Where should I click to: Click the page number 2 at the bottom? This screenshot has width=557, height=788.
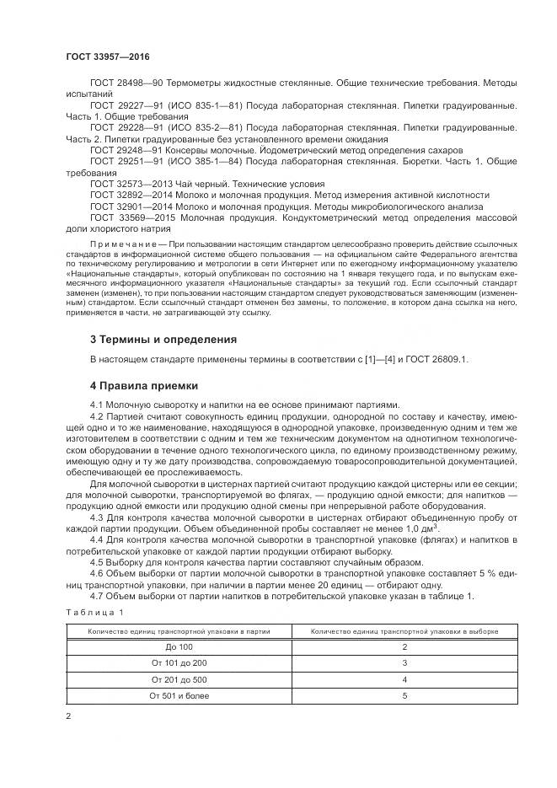[69, 716]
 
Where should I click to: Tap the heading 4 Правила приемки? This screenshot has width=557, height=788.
[144, 385]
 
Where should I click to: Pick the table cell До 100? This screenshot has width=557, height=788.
[179, 646]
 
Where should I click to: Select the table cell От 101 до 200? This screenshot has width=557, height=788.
[179, 662]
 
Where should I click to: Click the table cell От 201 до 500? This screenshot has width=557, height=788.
[179, 678]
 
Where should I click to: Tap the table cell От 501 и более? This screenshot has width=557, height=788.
[179, 695]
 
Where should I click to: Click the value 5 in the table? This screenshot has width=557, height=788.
[404, 695]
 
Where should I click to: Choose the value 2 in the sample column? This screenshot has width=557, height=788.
[404, 646]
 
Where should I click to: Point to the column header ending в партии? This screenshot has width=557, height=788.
[179, 630]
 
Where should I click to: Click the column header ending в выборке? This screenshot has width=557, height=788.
[404, 630]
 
